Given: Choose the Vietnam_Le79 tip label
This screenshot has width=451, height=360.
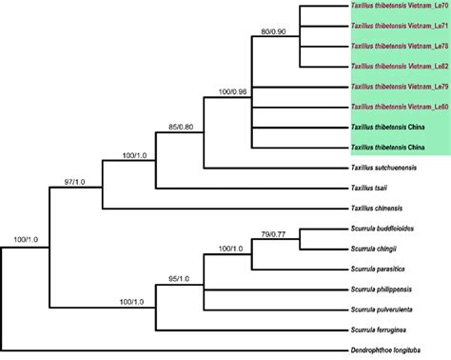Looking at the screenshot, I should click(400, 86).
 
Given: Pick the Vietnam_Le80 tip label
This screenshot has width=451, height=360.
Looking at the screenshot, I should click(400, 104).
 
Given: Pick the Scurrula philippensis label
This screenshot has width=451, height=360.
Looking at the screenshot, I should click(382, 290).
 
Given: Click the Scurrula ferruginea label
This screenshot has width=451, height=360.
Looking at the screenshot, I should click(378, 327).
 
